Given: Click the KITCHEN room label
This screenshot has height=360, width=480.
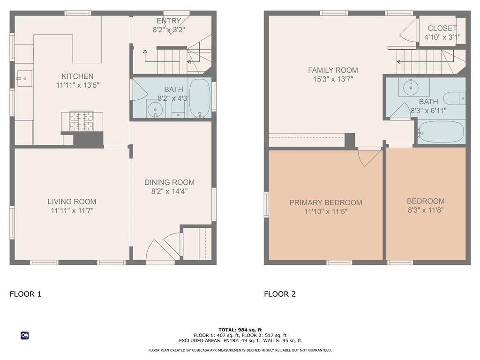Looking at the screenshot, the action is pos(77,76).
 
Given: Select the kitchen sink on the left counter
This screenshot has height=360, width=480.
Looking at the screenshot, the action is pos(24,78).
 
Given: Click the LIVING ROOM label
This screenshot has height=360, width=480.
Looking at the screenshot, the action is pos(72,202).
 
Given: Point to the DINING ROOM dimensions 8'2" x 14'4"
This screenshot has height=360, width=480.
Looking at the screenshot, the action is pos(169,191).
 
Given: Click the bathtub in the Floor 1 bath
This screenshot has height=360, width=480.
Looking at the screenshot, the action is pos(200,98).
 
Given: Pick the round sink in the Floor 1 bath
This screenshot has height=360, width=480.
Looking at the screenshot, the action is pos(155,109).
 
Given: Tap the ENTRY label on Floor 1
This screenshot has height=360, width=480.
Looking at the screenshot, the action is pos(169,21).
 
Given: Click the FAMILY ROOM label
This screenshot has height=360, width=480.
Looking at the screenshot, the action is pos(333,70).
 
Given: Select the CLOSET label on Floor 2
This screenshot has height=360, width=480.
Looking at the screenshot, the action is pos(442,28).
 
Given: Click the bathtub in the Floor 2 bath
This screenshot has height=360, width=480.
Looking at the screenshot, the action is pos(441,131).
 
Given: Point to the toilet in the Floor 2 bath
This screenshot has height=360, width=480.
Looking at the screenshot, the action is pos(455,98).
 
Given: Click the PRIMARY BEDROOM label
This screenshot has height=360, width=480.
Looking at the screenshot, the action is pos(326,202).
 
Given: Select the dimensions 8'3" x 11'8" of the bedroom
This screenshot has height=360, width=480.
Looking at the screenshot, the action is pos(426,210).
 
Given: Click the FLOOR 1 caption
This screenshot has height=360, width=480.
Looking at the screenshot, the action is pos(25,294).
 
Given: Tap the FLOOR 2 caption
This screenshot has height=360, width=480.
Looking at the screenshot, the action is pos(280,294).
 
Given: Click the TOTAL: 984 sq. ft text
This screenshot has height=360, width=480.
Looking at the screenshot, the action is pos(240,330).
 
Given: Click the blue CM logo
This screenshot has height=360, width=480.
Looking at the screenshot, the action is pos(25,336).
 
